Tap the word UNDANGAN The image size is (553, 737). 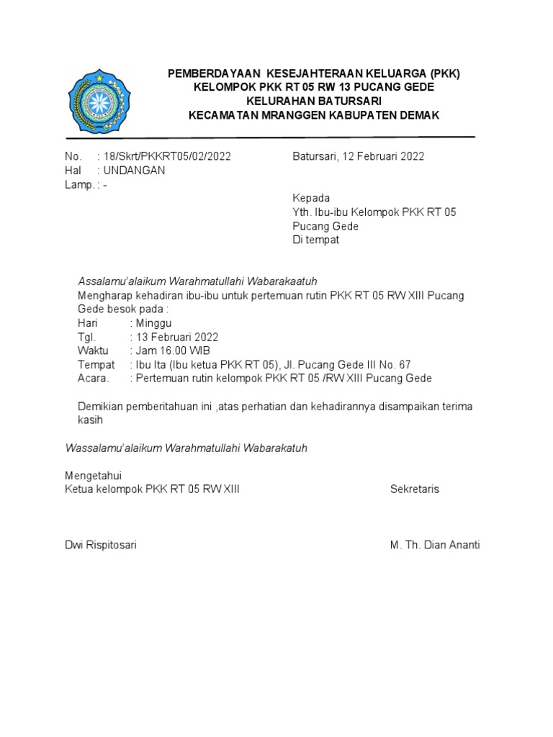(134, 171)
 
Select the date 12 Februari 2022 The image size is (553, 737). (381, 156)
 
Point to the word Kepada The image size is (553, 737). (311, 198)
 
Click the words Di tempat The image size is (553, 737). (315, 240)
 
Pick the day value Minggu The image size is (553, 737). (153, 323)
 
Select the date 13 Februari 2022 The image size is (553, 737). (176, 337)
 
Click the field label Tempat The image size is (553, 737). (96, 365)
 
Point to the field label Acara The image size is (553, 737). (94, 379)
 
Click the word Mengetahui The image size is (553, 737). (94, 476)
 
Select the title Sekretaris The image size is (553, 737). (415, 489)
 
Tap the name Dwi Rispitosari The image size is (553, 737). (101, 545)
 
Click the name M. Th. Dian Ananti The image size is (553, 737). (435, 545)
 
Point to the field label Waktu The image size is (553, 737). (93, 351)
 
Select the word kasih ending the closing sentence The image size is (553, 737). (91, 420)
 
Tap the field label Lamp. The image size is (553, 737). (78, 185)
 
